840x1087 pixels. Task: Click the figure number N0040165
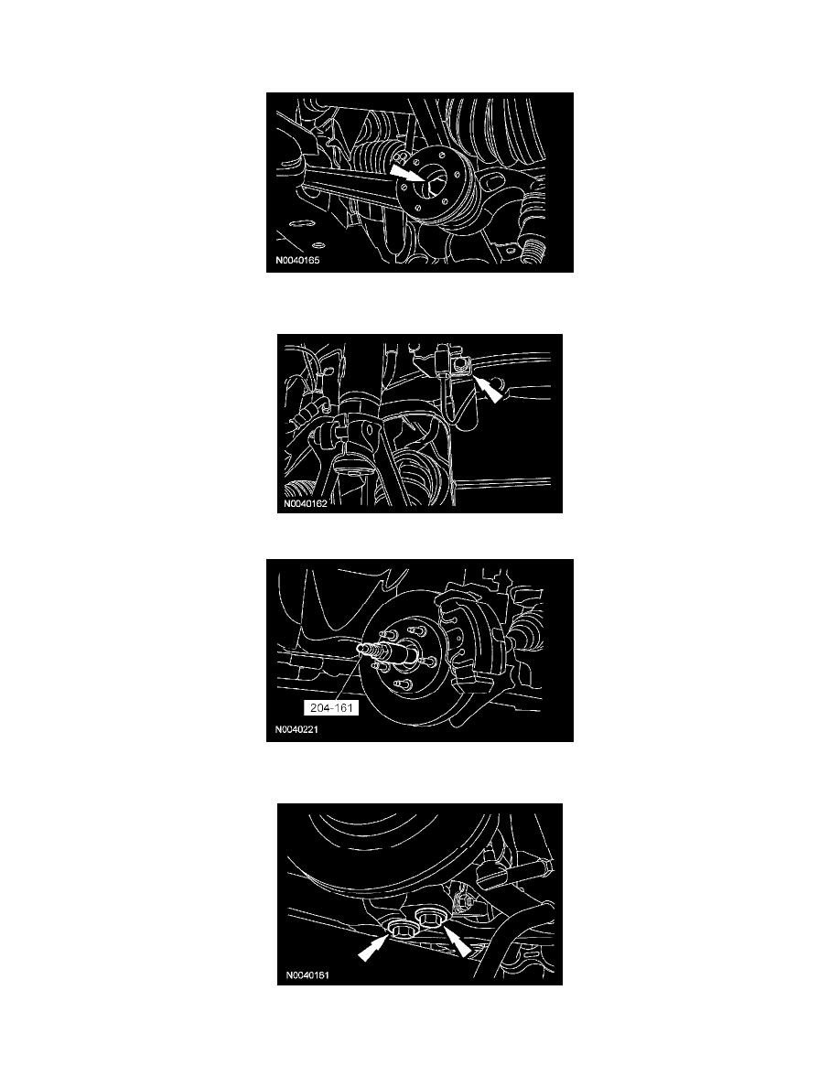297,262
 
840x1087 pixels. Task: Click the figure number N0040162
306,504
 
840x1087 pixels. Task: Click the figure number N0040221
296,729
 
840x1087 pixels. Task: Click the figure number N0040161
307,975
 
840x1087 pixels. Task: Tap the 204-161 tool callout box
331,708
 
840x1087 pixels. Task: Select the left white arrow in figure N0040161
371,948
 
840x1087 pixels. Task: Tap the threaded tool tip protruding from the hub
374,651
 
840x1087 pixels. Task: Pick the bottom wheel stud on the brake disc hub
399,685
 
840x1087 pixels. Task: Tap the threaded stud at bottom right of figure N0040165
535,253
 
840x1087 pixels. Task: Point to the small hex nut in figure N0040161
461,902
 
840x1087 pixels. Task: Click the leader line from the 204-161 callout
352,676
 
